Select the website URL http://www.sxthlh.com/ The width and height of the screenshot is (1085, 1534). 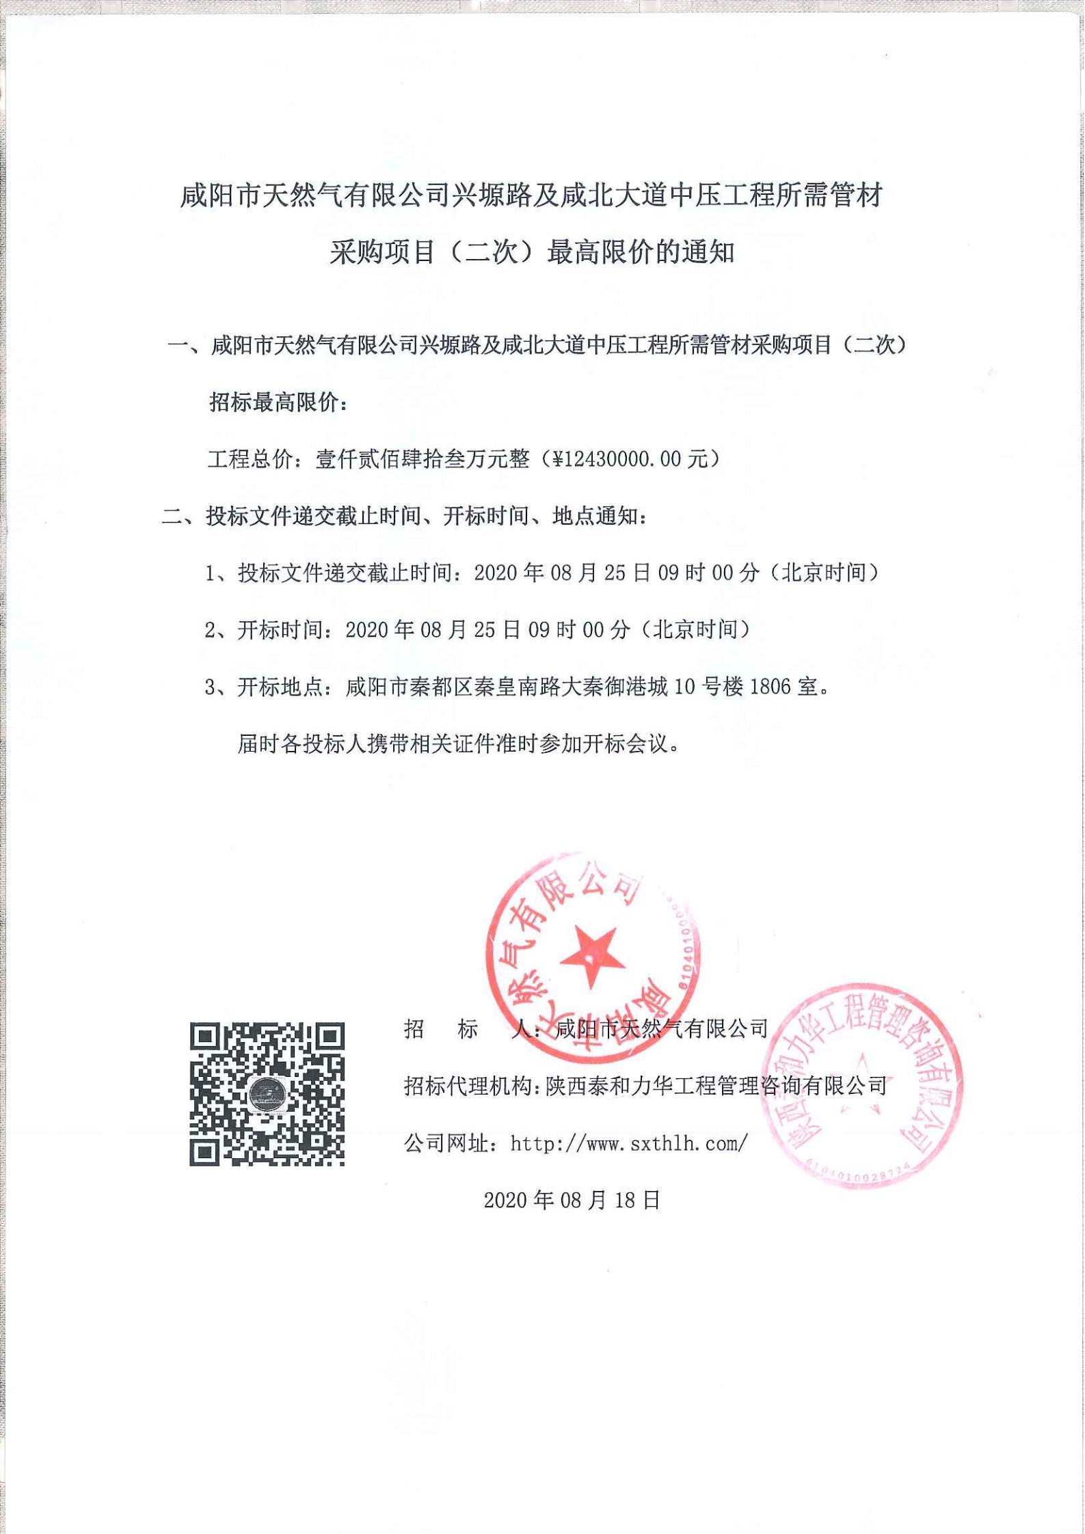click(629, 1143)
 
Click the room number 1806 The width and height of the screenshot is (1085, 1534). click(770, 687)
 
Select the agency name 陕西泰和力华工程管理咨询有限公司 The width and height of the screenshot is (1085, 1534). click(715, 1086)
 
